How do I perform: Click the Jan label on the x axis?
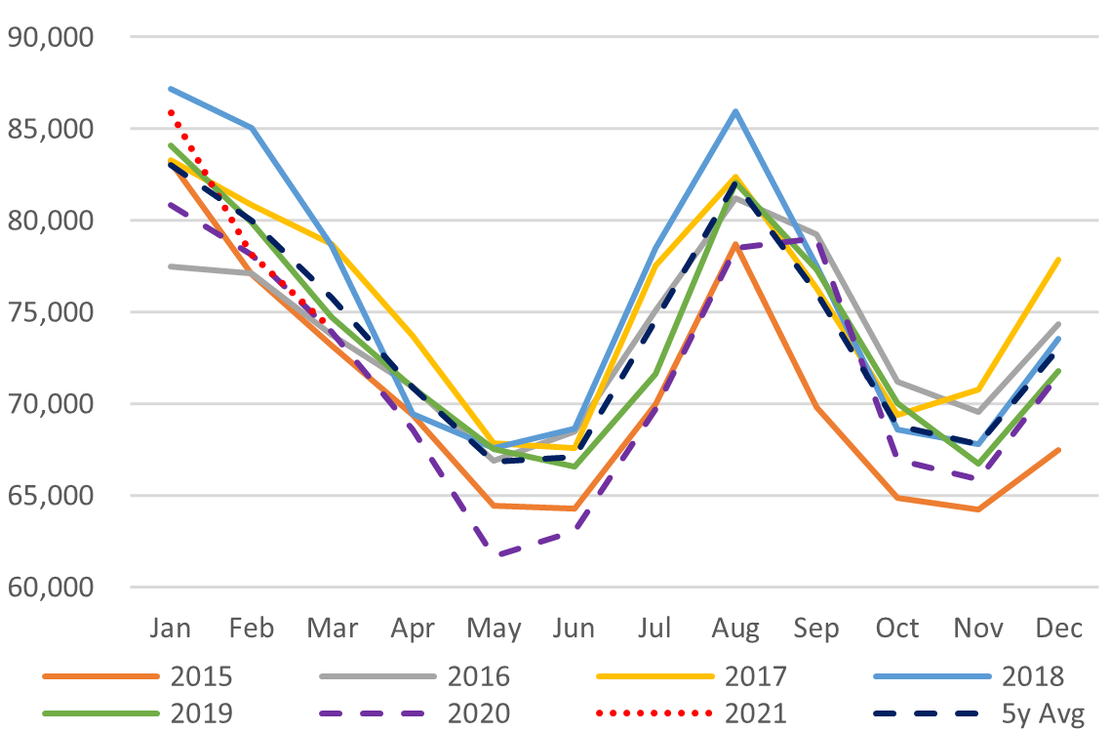(170, 629)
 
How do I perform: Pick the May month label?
(493, 629)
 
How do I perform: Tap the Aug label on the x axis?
(735, 629)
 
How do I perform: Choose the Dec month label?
(1058, 629)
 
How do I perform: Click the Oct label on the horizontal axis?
(896, 629)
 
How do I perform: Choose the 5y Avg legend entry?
(1050, 713)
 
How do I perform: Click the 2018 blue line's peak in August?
(735, 111)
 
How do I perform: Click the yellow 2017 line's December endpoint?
(1058, 260)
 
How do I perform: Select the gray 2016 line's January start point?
(170, 266)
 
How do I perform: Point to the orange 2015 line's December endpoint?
(1058, 450)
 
